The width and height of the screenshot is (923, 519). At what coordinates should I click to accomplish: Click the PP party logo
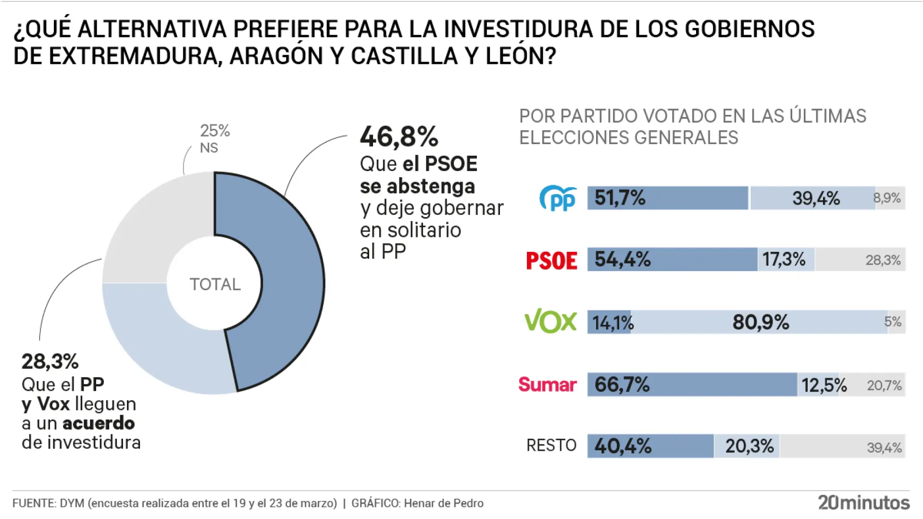click(558, 198)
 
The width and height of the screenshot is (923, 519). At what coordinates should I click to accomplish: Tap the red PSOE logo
click(551, 260)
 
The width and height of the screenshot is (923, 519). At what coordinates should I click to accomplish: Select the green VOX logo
click(550, 321)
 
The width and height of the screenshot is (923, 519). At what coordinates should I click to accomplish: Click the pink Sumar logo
click(547, 384)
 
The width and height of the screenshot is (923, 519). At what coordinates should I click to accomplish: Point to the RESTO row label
click(551, 445)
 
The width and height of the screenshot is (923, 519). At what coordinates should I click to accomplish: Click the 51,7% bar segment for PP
click(667, 198)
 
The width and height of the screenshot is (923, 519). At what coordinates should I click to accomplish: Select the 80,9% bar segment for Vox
click(760, 322)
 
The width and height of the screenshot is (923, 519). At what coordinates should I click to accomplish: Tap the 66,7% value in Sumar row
click(622, 384)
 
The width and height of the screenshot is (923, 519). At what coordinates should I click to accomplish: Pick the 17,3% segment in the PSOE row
click(785, 259)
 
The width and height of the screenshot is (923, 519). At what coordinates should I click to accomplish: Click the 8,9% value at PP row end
click(887, 198)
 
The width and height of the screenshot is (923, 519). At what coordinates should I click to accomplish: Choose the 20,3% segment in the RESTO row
click(749, 446)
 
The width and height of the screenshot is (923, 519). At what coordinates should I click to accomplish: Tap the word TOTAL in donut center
click(215, 284)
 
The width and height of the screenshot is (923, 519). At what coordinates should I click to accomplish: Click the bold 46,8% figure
click(399, 137)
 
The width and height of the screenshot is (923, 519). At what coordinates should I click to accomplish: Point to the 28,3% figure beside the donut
click(50, 361)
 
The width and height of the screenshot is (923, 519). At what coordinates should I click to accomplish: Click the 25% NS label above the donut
click(214, 138)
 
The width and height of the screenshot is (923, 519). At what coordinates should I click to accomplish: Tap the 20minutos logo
click(863, 503)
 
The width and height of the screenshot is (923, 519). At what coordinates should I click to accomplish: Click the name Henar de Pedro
click(443, 503)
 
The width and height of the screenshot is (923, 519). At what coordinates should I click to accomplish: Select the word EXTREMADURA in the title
click(135, 56)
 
